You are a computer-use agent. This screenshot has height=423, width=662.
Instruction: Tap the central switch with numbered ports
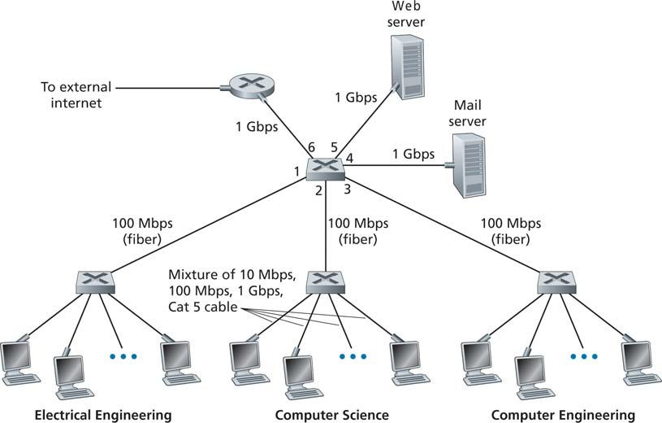(x=325, y=167)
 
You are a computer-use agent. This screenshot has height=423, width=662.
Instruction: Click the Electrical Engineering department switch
(x=96, y=282)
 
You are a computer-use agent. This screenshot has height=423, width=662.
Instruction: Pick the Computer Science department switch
(x=326, y=282)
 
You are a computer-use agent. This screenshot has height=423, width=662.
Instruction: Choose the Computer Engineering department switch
(x=556, y=282)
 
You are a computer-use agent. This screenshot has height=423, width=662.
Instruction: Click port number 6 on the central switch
(x=311, y=147)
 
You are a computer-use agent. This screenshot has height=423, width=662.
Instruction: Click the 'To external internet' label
(x=76, y=94)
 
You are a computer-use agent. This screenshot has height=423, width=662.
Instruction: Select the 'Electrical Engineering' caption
(x=103, y=414)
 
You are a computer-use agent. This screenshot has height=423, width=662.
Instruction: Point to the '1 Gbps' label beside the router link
(x=257, y=127)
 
